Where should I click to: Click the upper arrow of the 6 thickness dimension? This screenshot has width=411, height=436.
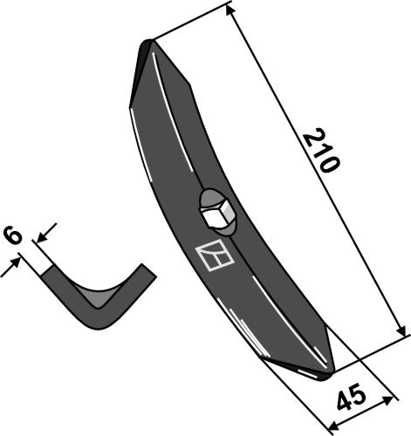(x=48, y=229)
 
